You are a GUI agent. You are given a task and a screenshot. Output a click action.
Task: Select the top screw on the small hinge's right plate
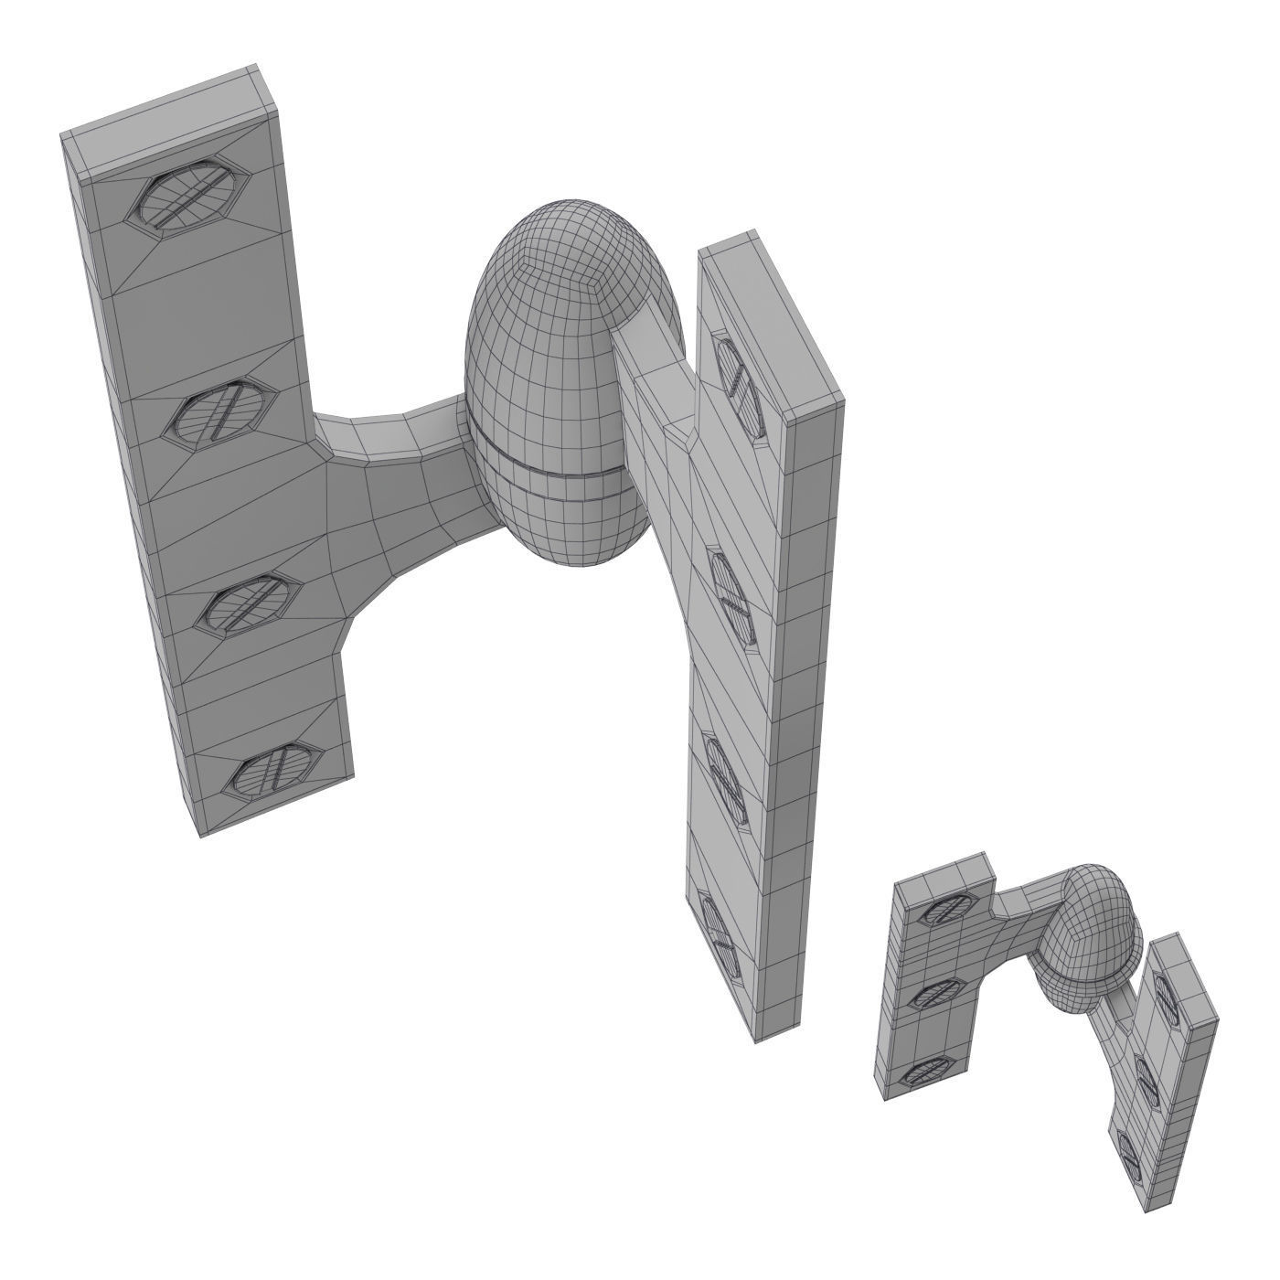click(1163, 992)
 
